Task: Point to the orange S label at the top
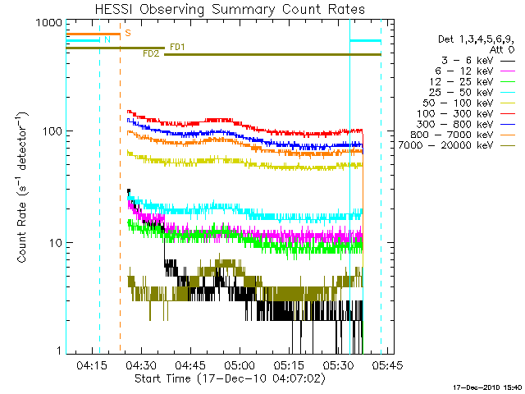pos(127,34)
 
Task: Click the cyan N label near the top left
pos(106,39)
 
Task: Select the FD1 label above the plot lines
pos(176,47)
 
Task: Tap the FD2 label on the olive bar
pos(150,54)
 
